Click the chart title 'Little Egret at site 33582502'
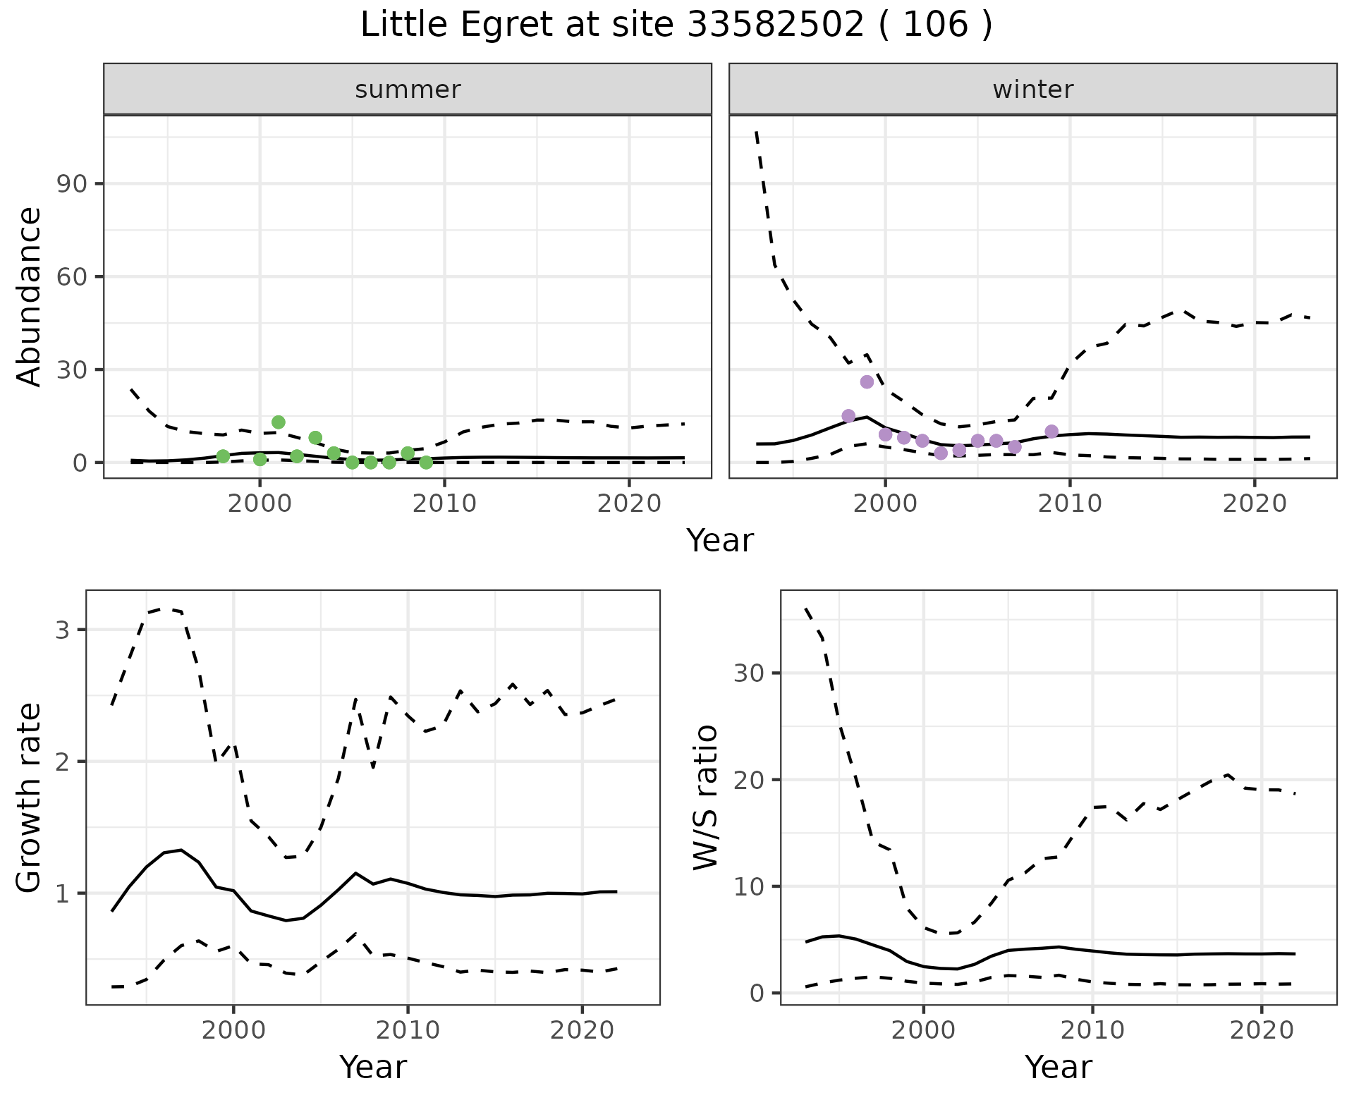(676, 25)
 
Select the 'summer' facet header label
(408, 90)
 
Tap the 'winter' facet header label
(1032, 90)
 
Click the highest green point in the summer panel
(279, 422)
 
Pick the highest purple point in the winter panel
(867, 381)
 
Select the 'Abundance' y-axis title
(30, 296)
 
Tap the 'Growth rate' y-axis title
(30, 797)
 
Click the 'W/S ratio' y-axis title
(705, 797)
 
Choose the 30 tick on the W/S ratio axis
(749, 673)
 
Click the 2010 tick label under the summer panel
(444, 504)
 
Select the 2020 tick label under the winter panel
(1255, 504)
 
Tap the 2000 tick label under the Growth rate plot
(233, 1030)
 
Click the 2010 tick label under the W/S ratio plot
(1092, 1030)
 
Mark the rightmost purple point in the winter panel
(1051, 432)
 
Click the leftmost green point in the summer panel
(223, 456)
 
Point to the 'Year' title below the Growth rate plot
(372, 1067)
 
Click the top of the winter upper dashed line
(757, 133)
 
